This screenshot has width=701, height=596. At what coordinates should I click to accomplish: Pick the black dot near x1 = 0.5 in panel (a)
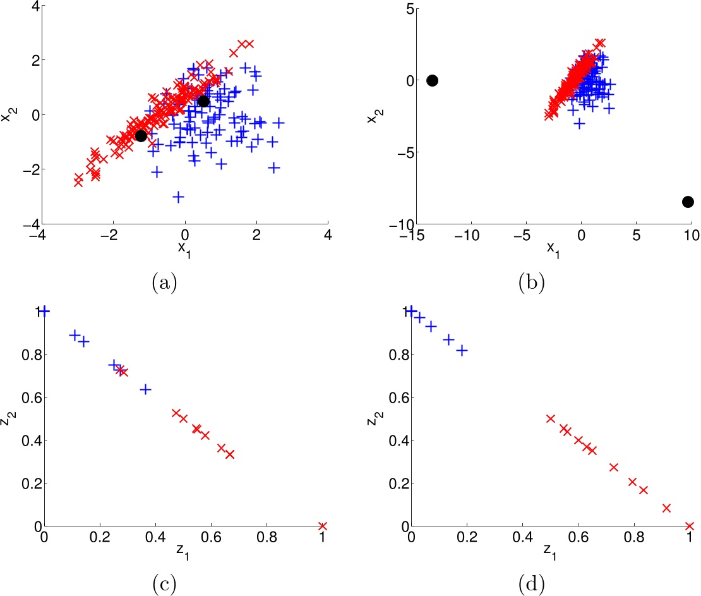click(x=203, y=101)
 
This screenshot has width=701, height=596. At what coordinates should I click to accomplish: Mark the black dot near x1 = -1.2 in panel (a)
click(x=141, y=135)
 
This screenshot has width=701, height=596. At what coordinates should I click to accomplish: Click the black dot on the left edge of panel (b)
click(x=432, y=80)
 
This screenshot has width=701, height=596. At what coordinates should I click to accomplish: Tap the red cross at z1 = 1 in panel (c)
click(x=323, y=526)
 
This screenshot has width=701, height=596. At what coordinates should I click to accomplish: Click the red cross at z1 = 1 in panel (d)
click(x=690, y=526)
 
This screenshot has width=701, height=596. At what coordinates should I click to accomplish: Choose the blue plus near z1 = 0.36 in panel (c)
click(x=145, y=389)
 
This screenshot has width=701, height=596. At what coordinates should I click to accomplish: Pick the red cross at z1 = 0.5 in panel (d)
click(x=550, y=418)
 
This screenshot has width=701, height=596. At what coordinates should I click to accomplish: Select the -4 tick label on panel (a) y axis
click(x=29, y=224)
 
